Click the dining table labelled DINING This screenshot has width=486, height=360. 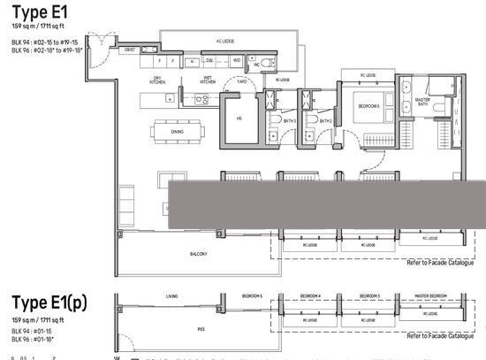177,131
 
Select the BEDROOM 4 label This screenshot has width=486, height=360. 310,295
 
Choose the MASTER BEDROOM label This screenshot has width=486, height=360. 430,295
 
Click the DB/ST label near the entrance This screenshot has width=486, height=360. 129,50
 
